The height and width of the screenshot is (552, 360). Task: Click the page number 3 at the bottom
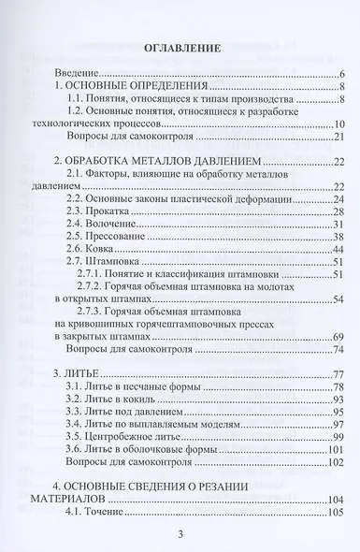click(180, 533)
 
